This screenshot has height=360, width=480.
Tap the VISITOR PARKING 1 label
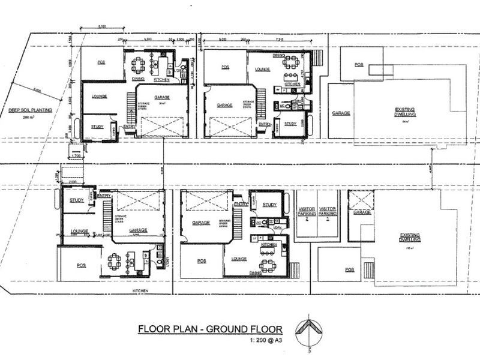click(x=328, y=213)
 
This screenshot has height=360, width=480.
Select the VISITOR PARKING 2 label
click(x=307, y=213)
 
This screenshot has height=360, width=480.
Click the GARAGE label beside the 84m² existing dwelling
click(x=341, y=113)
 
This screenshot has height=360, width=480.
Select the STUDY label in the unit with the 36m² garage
click(x=97, y=127)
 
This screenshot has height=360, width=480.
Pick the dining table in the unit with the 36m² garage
click(x=139, y=64)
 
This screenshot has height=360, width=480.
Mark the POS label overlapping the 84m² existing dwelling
click(x=359, y=64)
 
